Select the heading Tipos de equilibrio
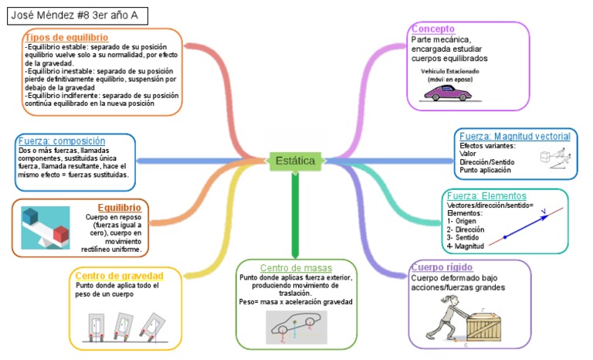(x=66, y=37)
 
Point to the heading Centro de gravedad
(x=119, y=276)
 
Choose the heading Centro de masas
(x=295, y=267)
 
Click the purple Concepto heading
(x=432, y=29)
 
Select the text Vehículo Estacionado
(x=449, y=71)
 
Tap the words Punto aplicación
(x=485, y=170)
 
